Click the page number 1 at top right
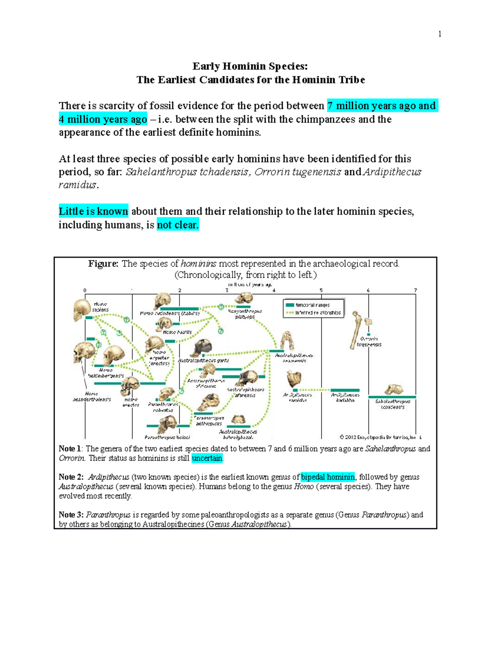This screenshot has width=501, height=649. click(x=440, y=34)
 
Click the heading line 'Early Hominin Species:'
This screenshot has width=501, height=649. click(x=250, y=66)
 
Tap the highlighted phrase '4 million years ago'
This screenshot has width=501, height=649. click(x=103, y=120)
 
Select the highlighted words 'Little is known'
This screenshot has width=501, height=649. click(x=93, y=211)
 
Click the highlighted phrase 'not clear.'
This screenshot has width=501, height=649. click(x=178, y=225)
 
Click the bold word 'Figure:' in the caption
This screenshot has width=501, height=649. click(x=103, y=264)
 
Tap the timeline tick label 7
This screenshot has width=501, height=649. click(x=415, y=290)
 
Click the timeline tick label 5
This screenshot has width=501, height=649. click(x=321, y=290)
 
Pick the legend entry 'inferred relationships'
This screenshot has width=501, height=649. click(x=317, y=313)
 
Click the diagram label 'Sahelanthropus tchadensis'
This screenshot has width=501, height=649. click(x=392, y=404)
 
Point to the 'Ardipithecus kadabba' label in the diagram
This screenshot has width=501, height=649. click(x=345, y=397)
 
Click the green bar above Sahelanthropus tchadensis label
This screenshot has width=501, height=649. click(x=392, y=397)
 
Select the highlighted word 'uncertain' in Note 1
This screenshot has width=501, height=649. click(x=207, y=458)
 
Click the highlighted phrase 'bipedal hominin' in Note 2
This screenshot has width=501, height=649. click(x=328, y=477)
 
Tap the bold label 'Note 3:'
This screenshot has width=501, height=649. click(x=71, y=515)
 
